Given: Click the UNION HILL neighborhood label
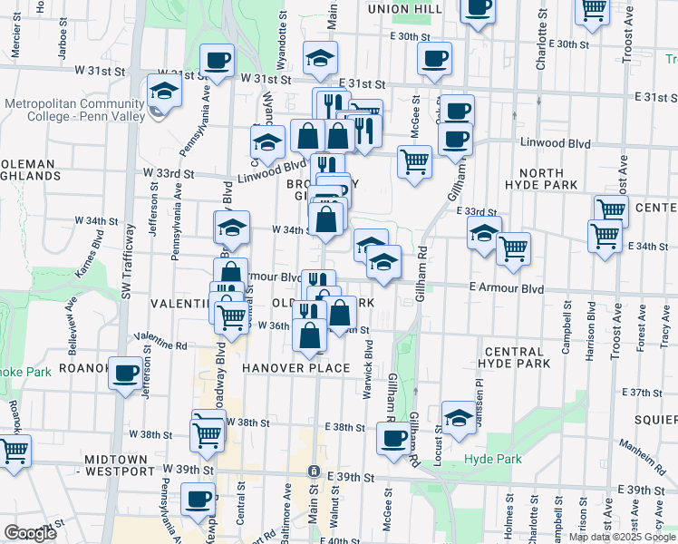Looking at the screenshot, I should pos(404,8).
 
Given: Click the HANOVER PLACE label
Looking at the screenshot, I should pos(295,368).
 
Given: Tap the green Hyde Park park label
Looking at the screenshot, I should pos(492,460).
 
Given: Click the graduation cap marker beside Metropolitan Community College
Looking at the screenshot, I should pos(164,92).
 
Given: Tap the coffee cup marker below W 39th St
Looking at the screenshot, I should pos(199,498).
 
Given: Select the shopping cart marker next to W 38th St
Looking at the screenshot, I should pos(208,434).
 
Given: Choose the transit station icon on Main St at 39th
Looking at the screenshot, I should pos(313,472).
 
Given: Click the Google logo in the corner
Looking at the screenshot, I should pos(30,533).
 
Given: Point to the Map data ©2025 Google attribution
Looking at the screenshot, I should pos(622,537).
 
